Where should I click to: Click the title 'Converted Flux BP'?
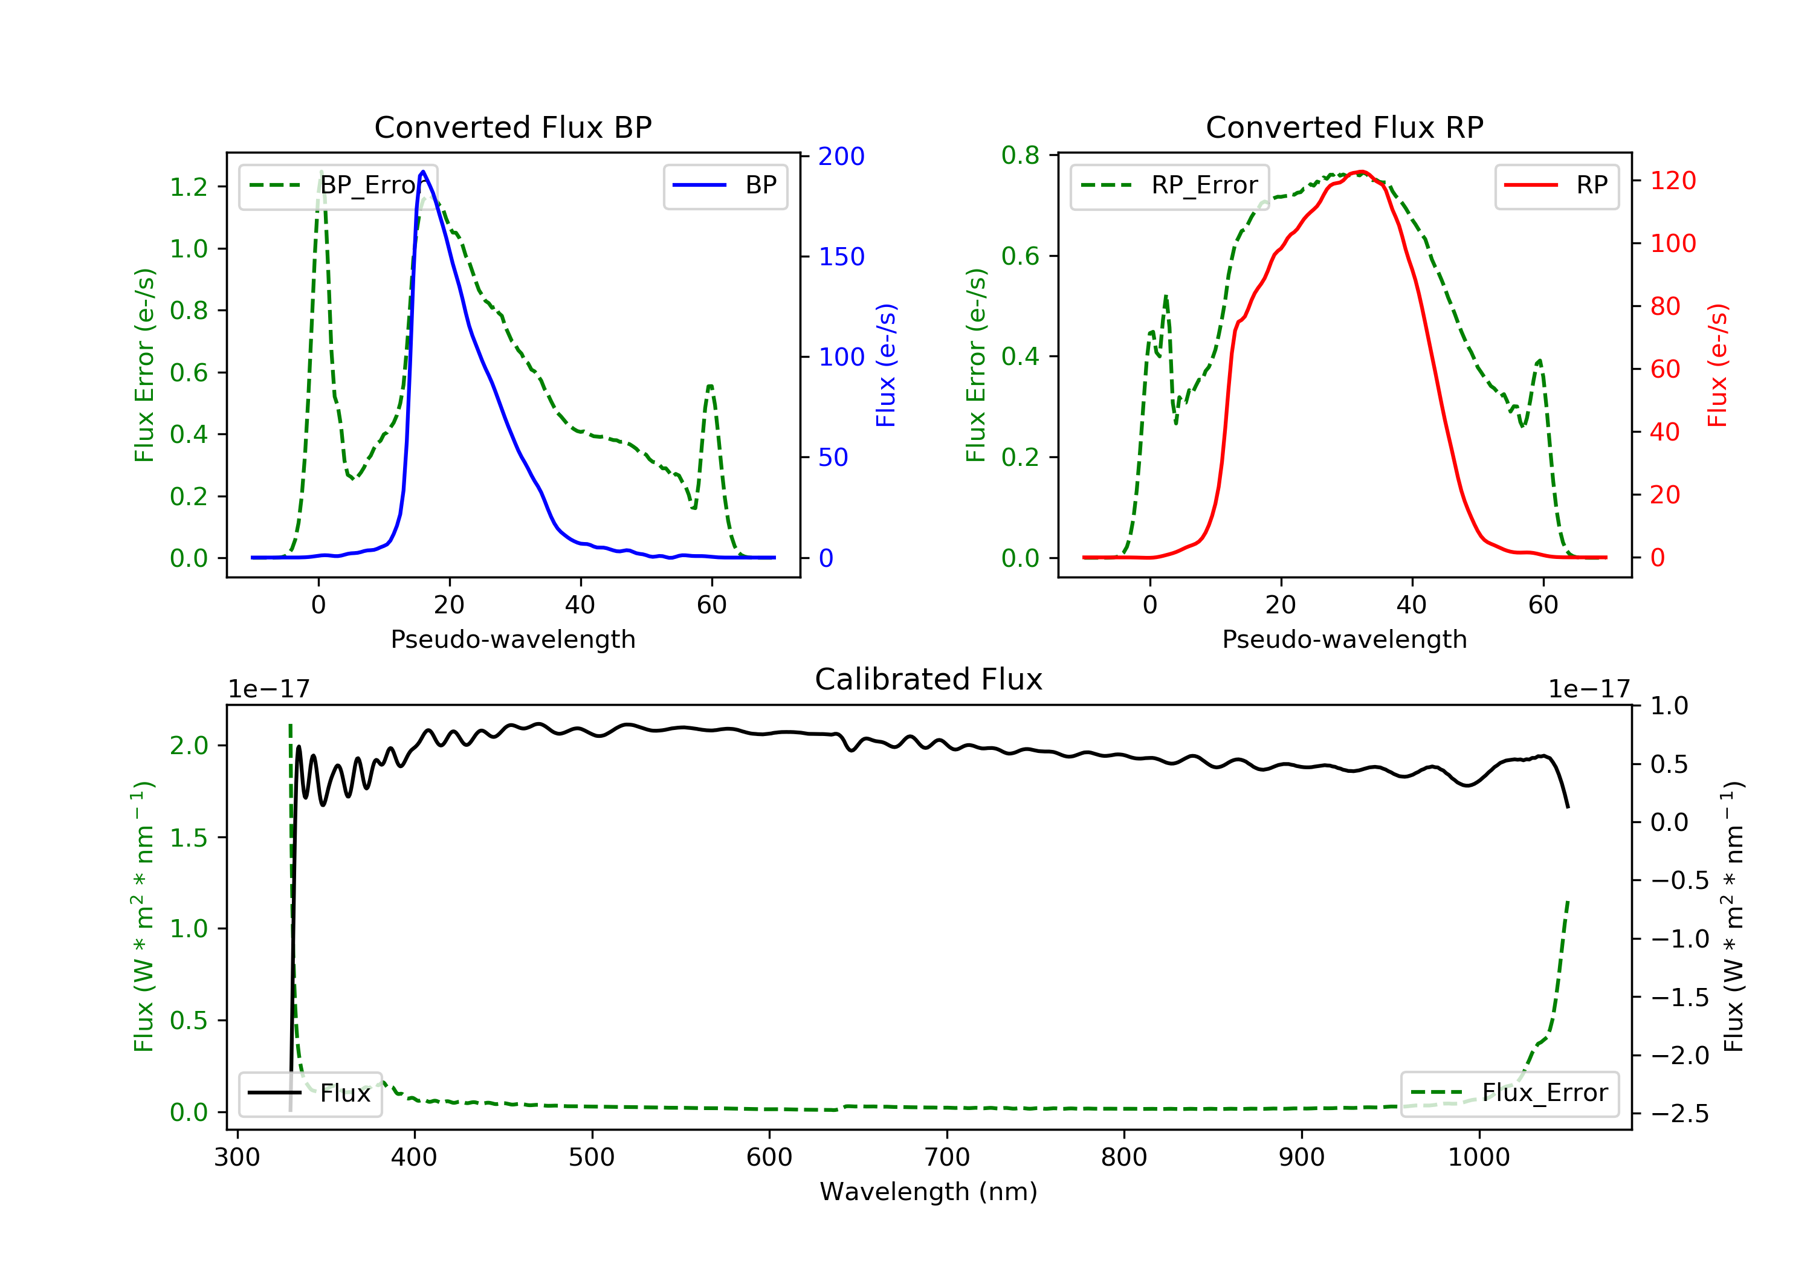coord(512,127)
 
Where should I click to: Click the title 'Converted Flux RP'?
coord(1344,127)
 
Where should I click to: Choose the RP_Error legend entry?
coord(1169,186)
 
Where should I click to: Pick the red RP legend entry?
coord(1556,186)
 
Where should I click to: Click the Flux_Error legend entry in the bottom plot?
coord(1509,1093)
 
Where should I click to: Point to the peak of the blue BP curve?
coord(423,172)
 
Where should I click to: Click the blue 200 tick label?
coord(841,157)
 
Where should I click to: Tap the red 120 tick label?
coord(1672,181)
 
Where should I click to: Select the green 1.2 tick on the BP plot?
coord(189,187)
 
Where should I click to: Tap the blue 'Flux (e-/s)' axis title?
coord(886,365)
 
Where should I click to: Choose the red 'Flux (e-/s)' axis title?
coord(1718,365)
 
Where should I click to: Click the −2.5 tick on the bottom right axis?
coord(1679,1114)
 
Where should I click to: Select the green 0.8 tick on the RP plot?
coord(1020,155)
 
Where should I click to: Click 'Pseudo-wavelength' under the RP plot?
coord(1344,639)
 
